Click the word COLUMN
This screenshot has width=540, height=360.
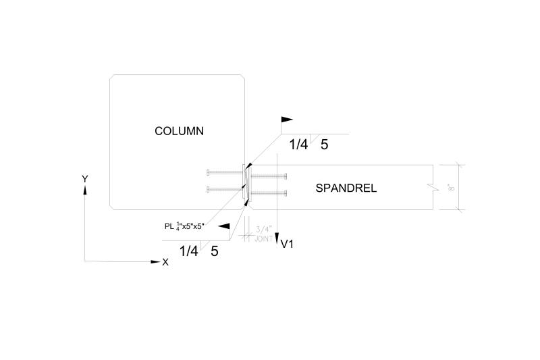tap(179, 131)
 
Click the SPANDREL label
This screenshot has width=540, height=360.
tap(346, 188)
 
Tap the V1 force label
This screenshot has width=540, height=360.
tap(287, 244)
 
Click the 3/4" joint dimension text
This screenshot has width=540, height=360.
tap(263, 230)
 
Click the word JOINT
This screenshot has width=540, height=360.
tap(263, 239)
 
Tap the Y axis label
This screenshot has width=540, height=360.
tap(85, 179)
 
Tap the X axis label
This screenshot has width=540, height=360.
tap(165, 261)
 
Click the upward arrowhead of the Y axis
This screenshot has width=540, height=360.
tap(85, 190)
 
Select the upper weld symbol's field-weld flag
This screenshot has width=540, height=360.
tap(287, 120)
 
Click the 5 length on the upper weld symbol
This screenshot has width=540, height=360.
tap(325, 144)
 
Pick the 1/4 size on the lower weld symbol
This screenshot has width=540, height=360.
tap(189, 251)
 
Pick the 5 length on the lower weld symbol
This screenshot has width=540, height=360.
tap(215, 251)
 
